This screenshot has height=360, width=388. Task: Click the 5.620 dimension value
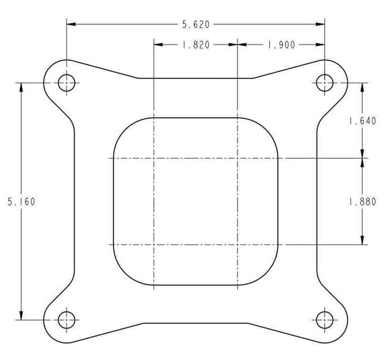click(195, 24)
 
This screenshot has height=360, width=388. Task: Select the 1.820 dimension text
click(195, 45)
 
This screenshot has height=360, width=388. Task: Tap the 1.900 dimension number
click(281, 45)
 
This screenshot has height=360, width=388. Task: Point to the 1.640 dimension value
click(362, 121)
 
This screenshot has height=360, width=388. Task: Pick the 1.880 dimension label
click(362, 202)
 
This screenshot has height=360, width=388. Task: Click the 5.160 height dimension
click(21, 202)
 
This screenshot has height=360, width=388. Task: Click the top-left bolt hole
click(66, 82)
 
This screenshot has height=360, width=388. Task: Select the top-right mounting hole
click(324, 82)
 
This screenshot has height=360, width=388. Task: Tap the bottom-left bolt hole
click(66, 320)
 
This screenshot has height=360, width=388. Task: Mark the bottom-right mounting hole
click(324, 320)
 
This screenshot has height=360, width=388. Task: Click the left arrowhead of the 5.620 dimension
click(71, 24)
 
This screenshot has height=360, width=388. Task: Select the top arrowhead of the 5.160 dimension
click(21, 87)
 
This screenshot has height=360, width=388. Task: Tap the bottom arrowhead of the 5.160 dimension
click(21, 315)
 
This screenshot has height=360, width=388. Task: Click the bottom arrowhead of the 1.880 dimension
click(362, 239)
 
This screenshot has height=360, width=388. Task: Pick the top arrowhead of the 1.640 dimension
click(362, 87)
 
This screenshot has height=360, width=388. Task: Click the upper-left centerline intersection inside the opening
click(154, 158)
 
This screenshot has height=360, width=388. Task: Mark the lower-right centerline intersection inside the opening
click(237, 244)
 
